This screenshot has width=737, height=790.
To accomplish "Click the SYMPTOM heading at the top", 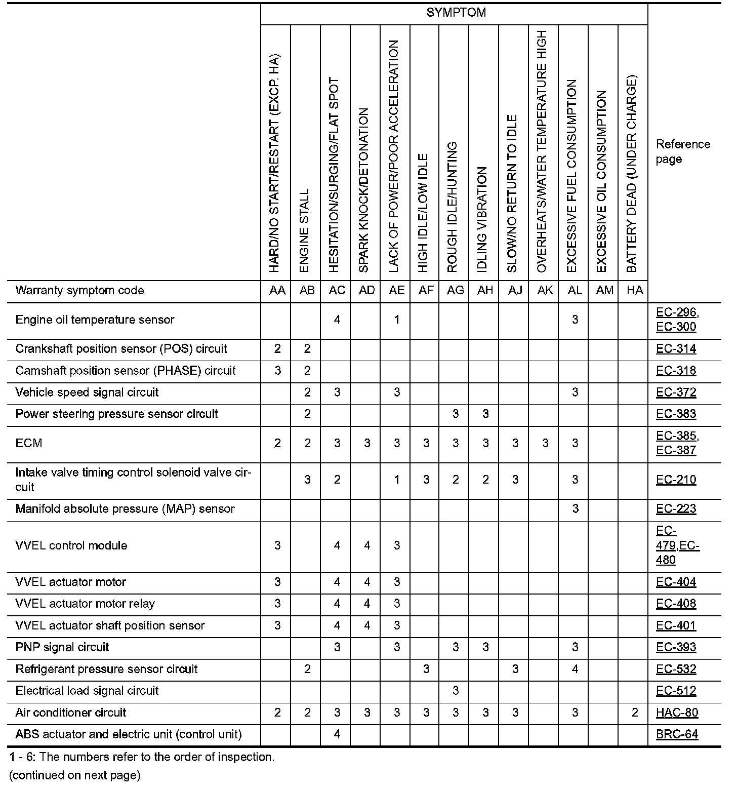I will pyautogui.click(x=456, y=13).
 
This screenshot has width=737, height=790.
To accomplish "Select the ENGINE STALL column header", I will pyautogui.click(x=305, y=230).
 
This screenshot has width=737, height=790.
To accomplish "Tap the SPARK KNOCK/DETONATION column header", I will pyautogui.click(x=364, y=190).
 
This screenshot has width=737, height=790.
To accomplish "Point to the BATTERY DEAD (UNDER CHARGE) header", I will pyautogui.click(x=632, y=174).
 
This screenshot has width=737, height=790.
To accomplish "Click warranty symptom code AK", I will pyautogui.click(x=545, y=291).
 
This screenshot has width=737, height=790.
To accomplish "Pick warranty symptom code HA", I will pyautogui.click(x=634, y=291).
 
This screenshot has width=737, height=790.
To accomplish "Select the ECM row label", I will pyautogui.click(x=29, y=444).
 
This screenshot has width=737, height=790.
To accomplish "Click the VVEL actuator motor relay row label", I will pyautogui.click(x=85, y=604).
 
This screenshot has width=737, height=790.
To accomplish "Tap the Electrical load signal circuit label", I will pyautogui.click(x=87, y=691).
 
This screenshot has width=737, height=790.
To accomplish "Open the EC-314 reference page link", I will pyautogui.click(x=676, y=349).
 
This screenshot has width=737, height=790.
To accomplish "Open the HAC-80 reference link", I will pyautogui.click(x=677, y=713).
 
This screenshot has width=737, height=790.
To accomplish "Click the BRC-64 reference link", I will pyautogui.click(x=677, y=734).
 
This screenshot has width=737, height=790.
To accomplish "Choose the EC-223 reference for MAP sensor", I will pyautogui.click(x=676, y=509).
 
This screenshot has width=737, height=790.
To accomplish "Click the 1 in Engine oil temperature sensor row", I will pyautogui.click(x=397, y=320).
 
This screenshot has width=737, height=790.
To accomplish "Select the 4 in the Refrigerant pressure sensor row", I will pyautogui.click(x=575, y=669).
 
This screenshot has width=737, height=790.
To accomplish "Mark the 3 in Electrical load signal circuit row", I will pyautogui.click(x=456, y=691).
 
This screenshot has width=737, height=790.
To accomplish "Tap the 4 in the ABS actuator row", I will pyautogui.click(x=337, y=734).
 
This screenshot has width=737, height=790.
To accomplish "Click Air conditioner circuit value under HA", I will pyautogui.click(x=634, y=713).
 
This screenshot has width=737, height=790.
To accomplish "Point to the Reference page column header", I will pyautogui.click(x=683, y=151).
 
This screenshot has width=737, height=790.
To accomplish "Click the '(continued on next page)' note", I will pyautogui.click(x=74, y=775).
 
